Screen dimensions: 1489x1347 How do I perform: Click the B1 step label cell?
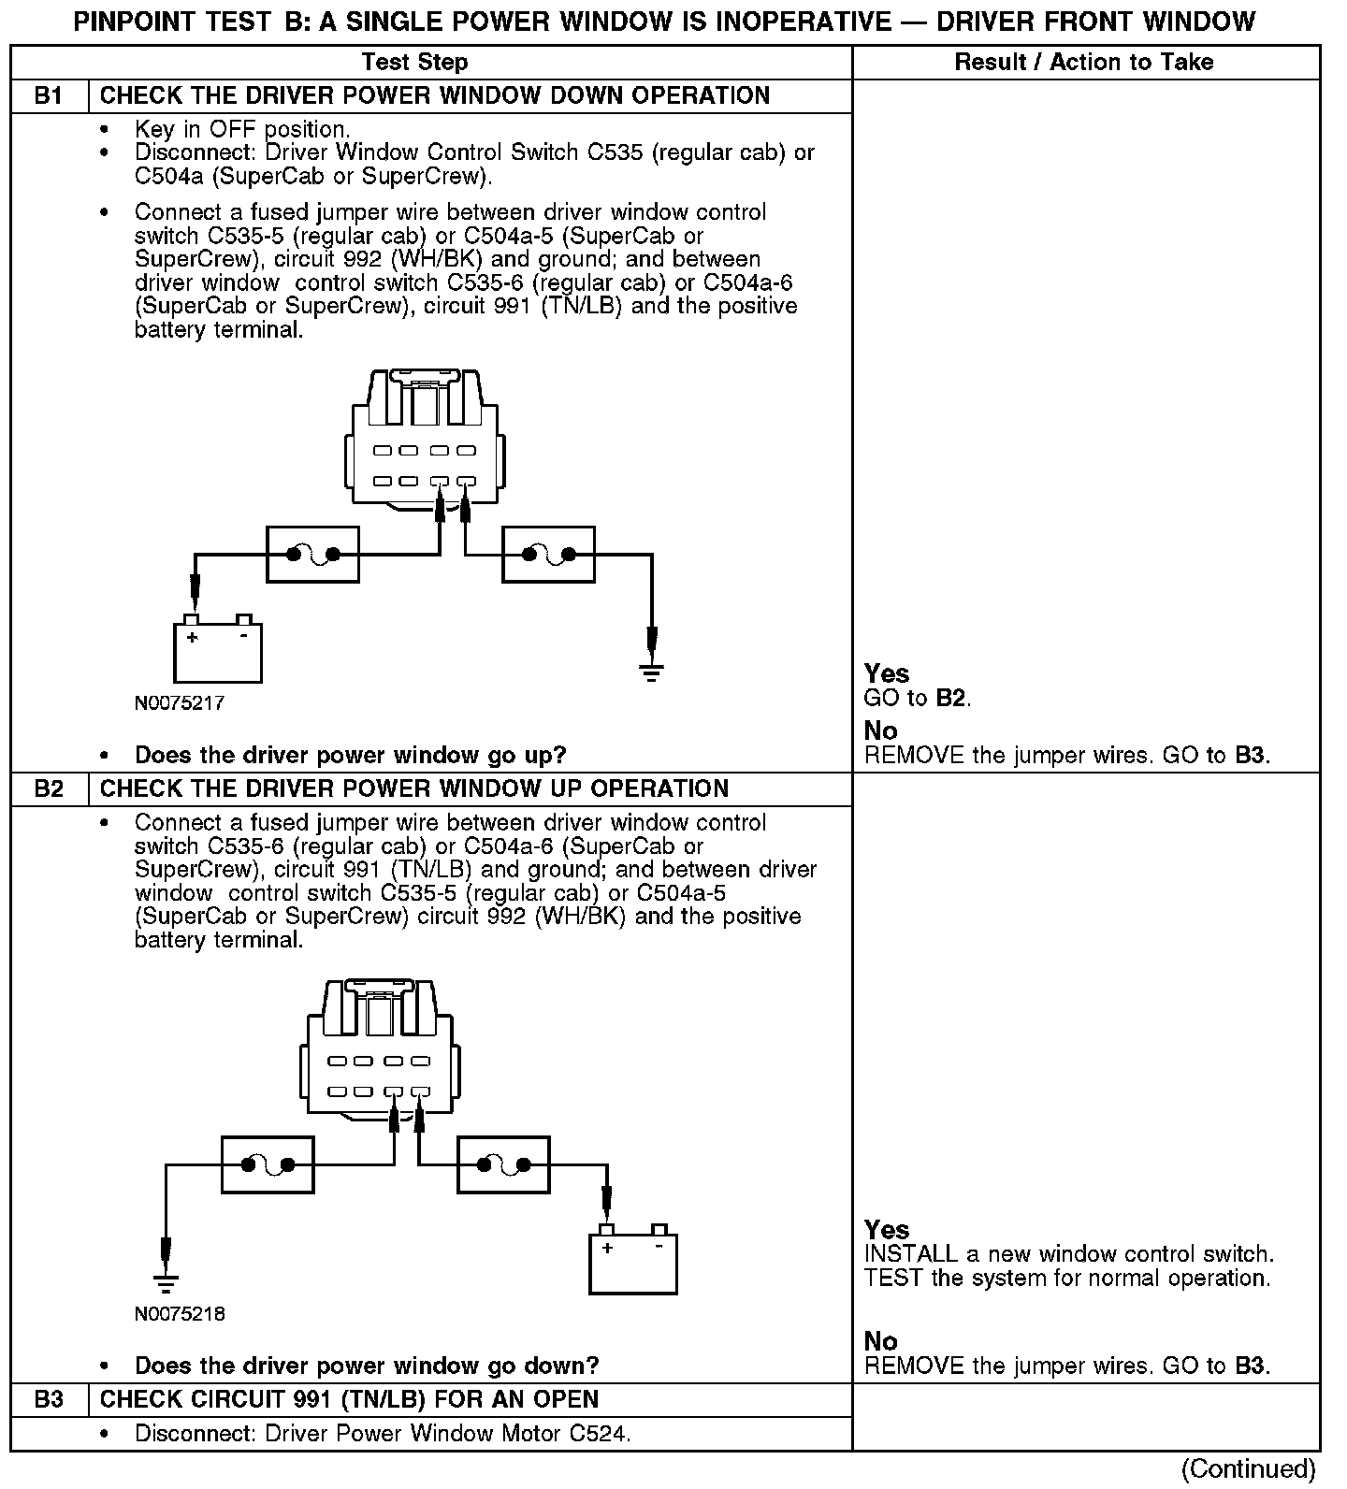(x=49, y=96)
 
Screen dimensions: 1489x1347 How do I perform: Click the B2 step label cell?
(x=49, y=789)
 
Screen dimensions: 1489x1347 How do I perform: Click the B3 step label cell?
(x=49, y=1400)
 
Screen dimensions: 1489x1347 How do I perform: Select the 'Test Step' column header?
(x=414, y=63)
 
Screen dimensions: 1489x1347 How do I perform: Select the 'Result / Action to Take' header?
(x=1084, y=63)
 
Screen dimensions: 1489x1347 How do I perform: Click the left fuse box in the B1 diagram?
(x=313, y=555)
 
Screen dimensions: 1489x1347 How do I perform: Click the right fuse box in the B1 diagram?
(x=548, y=555)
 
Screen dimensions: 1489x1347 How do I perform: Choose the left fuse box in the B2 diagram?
(x=268, y=1164)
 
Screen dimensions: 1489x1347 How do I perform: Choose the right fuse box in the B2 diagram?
(x=503, y=1164)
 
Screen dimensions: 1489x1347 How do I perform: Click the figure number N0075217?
(x=180, y=703)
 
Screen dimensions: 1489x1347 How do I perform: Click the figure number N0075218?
(x=180, y=1314)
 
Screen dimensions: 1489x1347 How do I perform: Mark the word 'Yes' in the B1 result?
(x=887, y=673)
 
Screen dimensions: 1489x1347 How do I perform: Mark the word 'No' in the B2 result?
(x=881, y=1341)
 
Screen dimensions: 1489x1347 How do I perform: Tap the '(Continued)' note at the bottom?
(x=1248, y=1469)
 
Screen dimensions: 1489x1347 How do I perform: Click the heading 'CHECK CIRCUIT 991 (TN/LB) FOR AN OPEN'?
(x=349, y=1400)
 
